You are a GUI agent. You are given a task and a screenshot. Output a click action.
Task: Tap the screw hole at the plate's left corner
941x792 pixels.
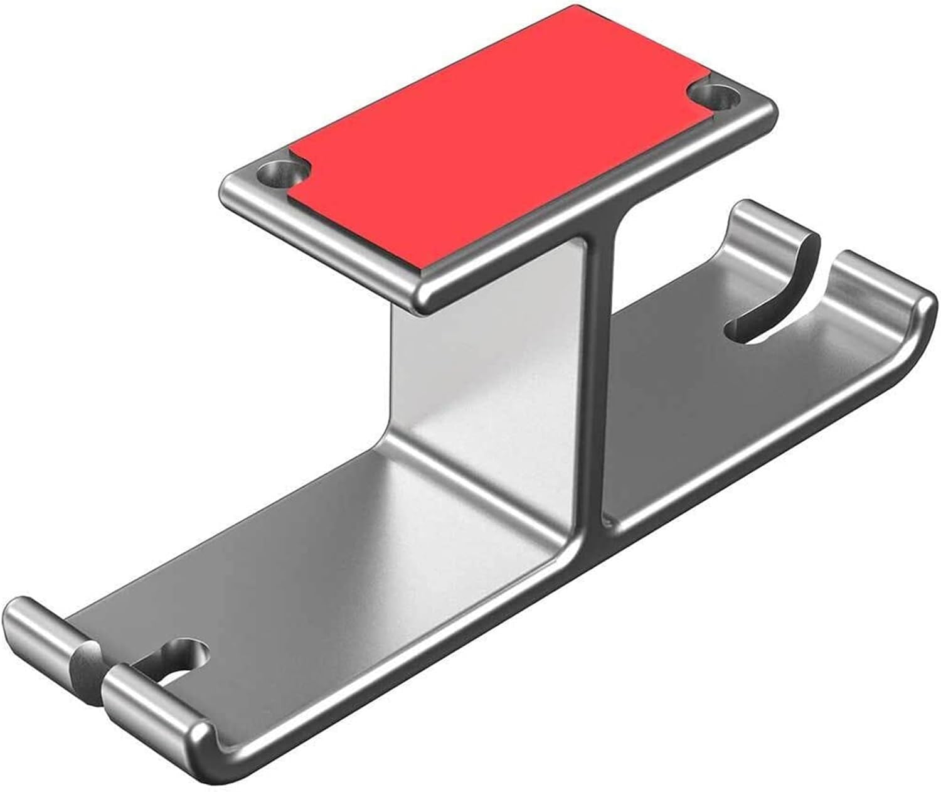[x=277, y=171]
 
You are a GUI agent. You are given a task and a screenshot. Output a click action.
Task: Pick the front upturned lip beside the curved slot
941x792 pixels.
[x=878, y=282]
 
